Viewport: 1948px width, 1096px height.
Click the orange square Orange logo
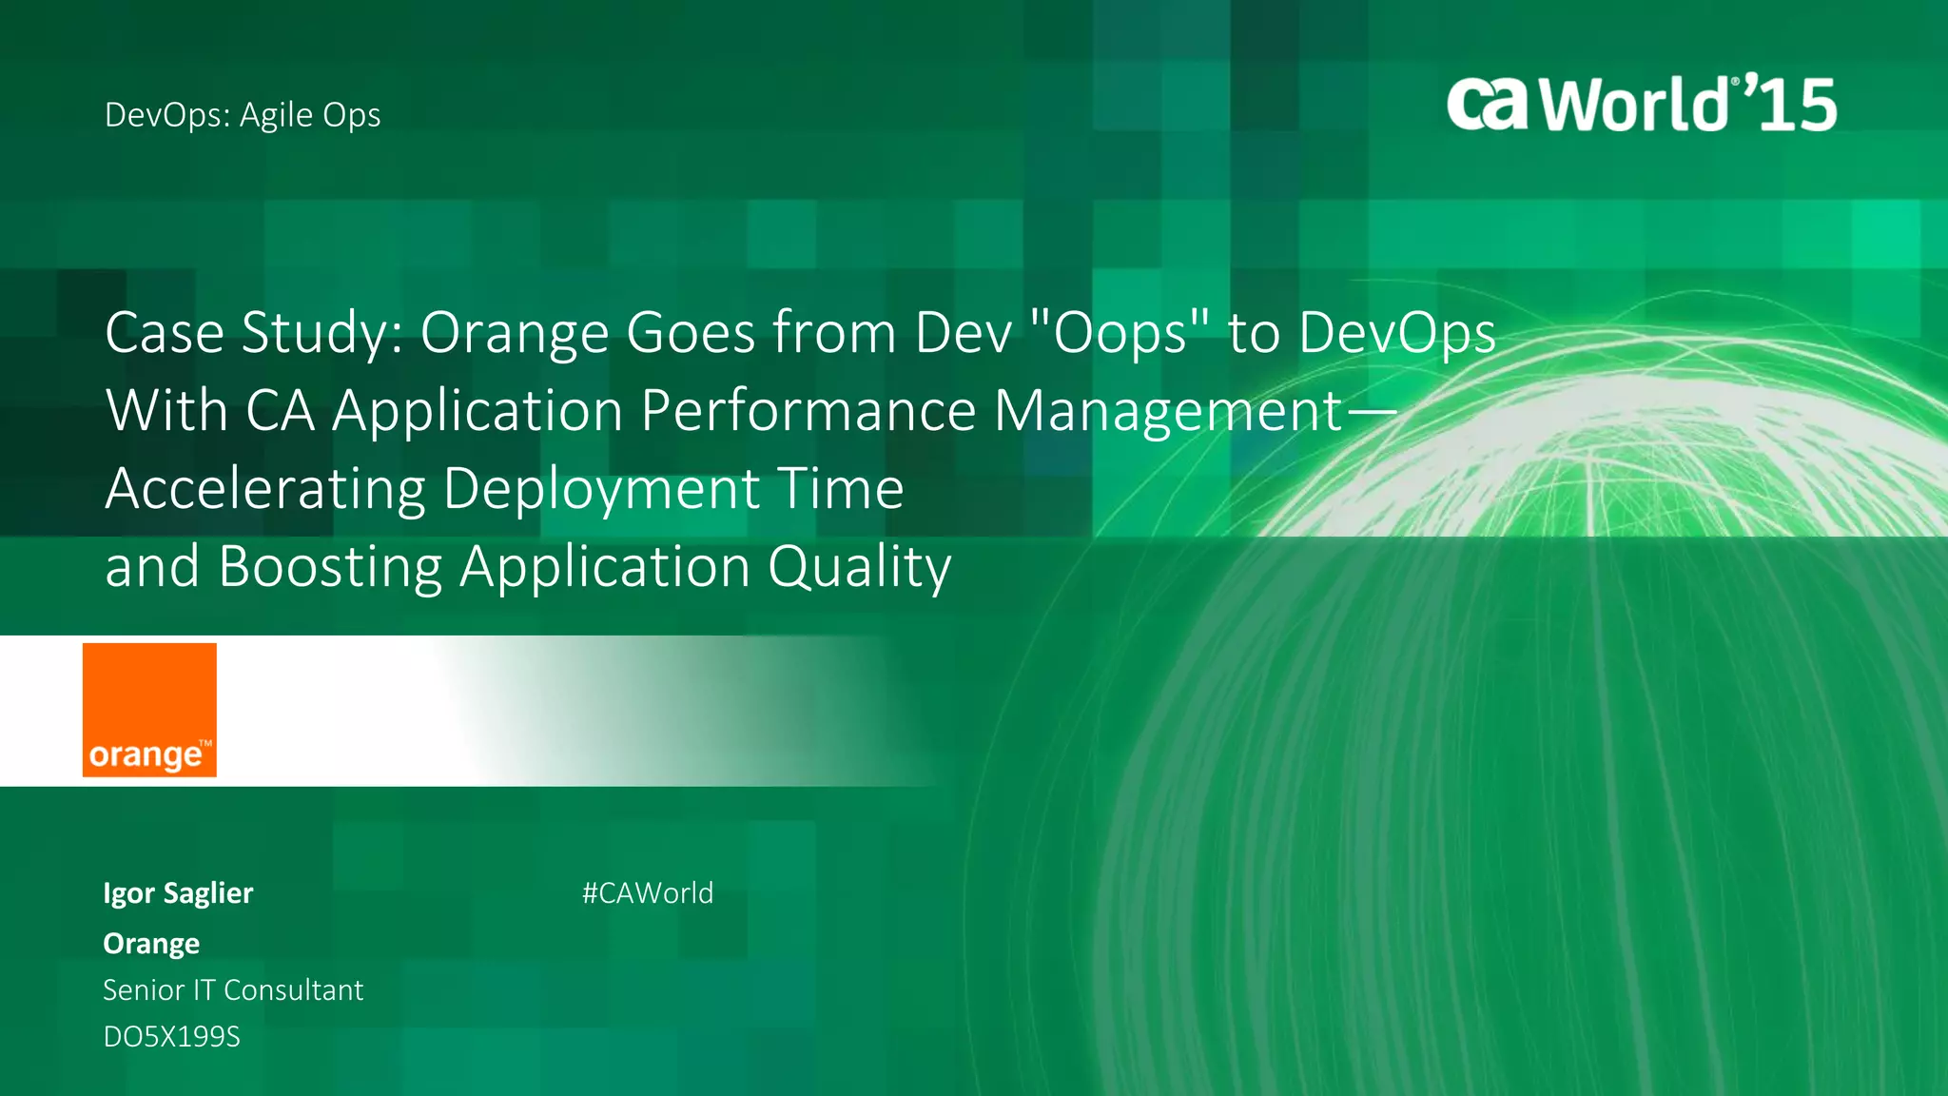pos(149,710)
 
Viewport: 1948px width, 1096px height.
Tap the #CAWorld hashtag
pos(648,893)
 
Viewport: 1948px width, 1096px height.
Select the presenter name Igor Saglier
pos(178,893)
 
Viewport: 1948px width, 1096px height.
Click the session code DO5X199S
pos(171,1036)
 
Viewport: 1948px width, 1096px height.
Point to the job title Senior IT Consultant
pos(233,990)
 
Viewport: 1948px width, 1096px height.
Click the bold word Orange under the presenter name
pos(151,944)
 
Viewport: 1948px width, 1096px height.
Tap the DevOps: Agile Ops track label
pos(243,115)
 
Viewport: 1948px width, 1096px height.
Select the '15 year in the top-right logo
pos(1793,105)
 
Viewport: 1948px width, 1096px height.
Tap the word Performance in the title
pos(808,411)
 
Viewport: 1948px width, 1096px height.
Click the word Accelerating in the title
pos(265,490)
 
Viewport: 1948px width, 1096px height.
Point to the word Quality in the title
pos(859,568)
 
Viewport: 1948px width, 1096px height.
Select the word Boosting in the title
pos(330,568)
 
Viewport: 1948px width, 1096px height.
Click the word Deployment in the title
pos(601,490)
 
